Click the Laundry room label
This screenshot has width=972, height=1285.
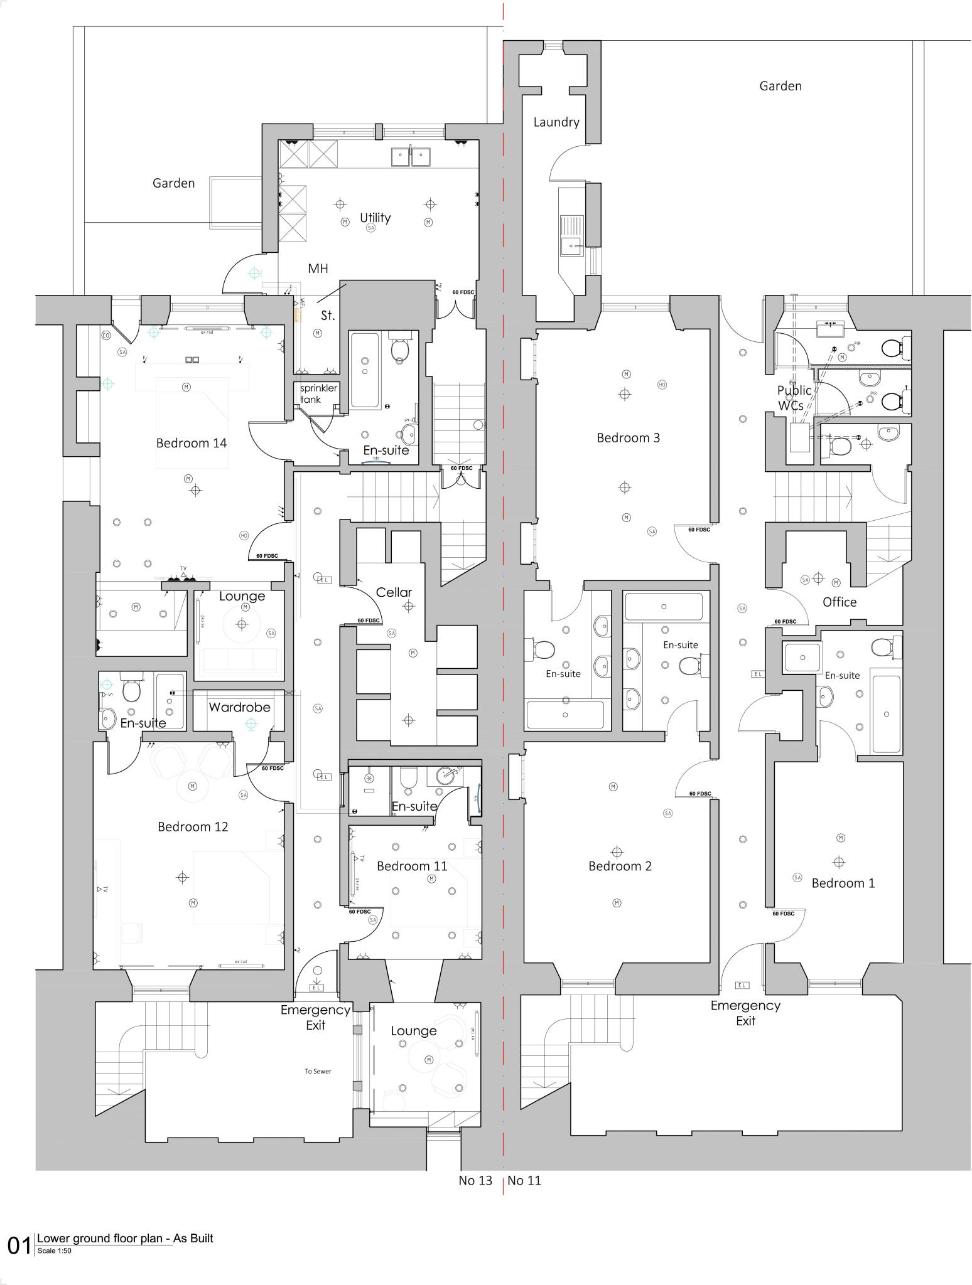(556, 122)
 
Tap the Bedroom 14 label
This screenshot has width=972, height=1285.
(191, 443)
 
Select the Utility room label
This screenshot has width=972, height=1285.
(375, 218)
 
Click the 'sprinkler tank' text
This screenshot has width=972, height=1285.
(318, 393)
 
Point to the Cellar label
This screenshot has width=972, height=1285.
(394, 592)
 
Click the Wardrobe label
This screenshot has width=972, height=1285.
(239, 707)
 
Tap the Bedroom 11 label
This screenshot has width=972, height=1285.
(412, 866)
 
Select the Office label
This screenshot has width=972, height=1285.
(839, 602)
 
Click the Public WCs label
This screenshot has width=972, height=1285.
(794, 398)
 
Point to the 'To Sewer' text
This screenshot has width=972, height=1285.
(317, 1071)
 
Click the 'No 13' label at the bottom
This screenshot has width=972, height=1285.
(475, 1180)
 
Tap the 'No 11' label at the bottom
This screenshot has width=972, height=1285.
(524, 1180)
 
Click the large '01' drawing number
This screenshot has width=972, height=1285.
(19, 1245)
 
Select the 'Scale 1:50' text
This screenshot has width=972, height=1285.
(55, 1250)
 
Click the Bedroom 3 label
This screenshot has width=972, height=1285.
(628, 438)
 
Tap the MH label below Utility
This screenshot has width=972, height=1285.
(318, 269)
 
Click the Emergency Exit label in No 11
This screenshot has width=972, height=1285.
(745, 1013)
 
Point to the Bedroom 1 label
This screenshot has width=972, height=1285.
(843, 883)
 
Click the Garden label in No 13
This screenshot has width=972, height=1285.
(173, 183)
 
